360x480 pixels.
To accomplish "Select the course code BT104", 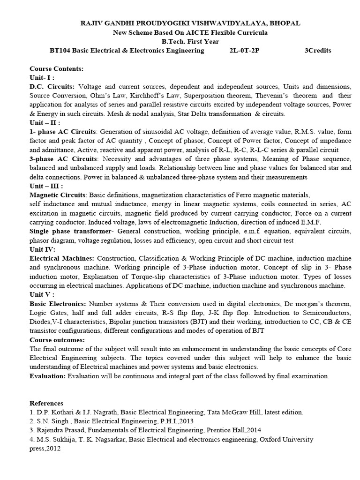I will pyautogui.click(x=60, y=51).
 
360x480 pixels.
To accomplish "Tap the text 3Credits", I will pyautogui.click(x=318, y=51).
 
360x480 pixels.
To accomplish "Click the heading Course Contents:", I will pyautogui.click(x=56, y=68).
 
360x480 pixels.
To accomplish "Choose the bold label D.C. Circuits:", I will pyautogui.click(x=52, y=87).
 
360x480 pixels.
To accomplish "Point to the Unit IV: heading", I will pyautogui.click(x=42, y=250).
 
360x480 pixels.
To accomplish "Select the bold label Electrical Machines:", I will pyautogui.click(x=62, y=259).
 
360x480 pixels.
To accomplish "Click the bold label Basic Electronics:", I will pyautogui.click(x=58, y=304).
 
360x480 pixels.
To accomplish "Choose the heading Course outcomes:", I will pyautogui.click(x=57, y=340).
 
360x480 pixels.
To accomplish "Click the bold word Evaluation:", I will pyautogui.click(x=48, y=376).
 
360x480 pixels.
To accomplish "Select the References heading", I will pyautogui.click(x=46, y=403).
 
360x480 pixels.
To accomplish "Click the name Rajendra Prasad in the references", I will pyautogui.click(x=58, y=430).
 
